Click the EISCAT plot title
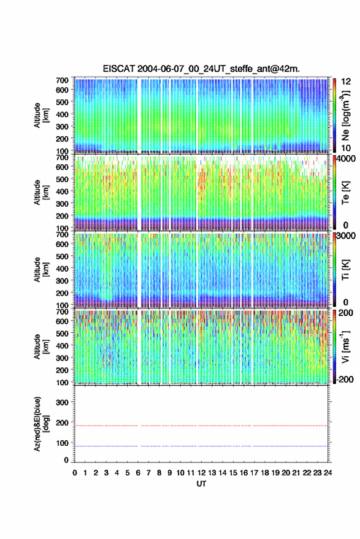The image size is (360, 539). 201,69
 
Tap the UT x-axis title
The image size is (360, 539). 201,484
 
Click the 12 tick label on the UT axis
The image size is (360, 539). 202,473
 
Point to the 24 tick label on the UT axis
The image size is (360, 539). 327,473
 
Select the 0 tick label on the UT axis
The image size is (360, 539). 75,473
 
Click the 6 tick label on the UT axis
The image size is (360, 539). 138,473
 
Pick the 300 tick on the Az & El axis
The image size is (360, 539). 62,402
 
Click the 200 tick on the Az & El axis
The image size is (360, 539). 62,422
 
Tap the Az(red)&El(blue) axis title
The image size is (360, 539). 40,424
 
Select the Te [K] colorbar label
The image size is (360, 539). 345,193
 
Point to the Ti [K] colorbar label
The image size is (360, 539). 345,270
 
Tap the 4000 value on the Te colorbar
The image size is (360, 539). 346,159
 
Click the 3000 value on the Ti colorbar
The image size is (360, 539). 346,236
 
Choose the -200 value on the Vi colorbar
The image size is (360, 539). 344,380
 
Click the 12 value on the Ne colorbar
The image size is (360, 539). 347,82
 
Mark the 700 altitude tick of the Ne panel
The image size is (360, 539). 62,80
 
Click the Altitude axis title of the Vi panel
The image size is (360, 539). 40,346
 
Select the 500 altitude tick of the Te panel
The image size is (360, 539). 62,179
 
